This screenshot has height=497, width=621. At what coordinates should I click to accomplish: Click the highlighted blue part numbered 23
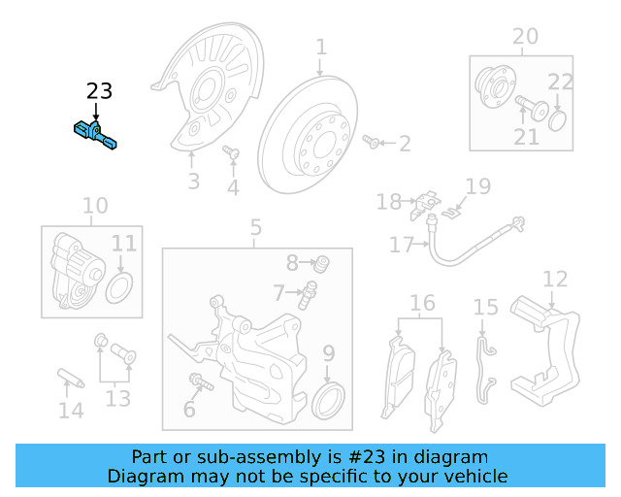pos(96,134)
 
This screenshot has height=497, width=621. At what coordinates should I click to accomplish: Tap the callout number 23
pos(99,92)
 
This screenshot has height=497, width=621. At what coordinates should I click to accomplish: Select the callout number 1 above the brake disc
pos(320,48)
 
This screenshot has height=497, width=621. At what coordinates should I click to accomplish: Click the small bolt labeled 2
pos(371,144)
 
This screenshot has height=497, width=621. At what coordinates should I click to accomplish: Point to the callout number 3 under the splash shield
pos(193,181)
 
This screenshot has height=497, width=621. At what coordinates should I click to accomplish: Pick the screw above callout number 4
pos(231,152)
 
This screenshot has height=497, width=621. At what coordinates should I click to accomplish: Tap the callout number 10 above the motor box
pos(94,206)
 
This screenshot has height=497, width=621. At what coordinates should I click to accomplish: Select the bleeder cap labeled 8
pos(322,261)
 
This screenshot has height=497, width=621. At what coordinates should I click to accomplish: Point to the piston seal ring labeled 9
pos(330,398)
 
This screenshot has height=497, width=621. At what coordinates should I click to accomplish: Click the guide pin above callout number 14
pos(71,378)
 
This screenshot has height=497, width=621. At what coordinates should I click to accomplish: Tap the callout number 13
pos(116,397)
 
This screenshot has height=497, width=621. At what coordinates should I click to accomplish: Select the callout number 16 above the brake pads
pos(422,304)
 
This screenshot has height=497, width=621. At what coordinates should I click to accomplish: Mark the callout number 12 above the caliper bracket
pos(554,281)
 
